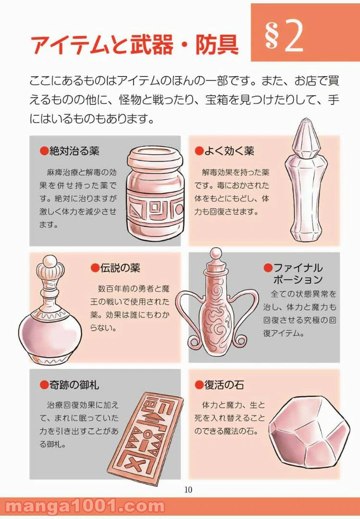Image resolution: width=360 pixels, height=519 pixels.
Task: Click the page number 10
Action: [188, 490]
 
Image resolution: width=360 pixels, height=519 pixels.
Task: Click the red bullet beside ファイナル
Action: [268, 268]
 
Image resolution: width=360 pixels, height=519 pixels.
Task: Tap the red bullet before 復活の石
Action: [199, 384]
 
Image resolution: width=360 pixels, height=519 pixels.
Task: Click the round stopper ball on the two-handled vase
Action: [216, 253]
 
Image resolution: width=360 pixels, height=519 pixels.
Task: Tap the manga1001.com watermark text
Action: [85, 507]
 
